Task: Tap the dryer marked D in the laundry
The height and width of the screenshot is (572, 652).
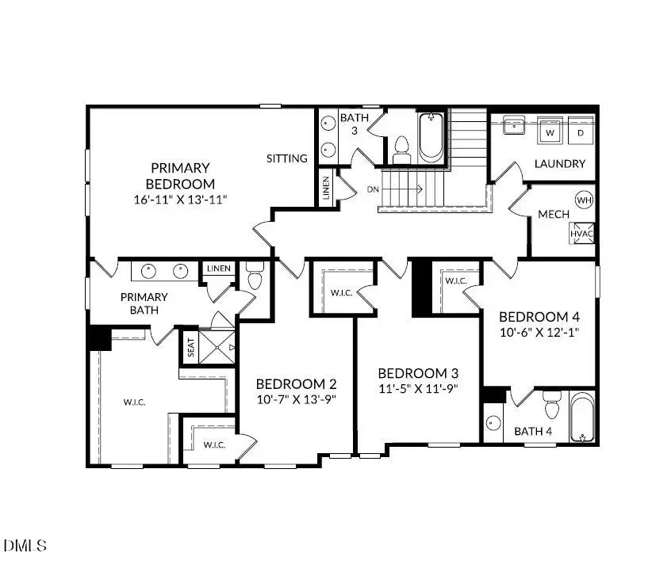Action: [581, 131]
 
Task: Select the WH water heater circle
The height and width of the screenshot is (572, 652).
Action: [584, 200]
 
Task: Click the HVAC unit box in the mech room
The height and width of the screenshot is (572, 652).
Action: [581, 235]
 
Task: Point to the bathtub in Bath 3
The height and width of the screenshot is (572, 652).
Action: [432, 139]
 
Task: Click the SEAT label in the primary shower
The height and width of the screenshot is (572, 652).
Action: [190, 348]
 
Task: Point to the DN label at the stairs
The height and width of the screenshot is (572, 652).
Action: [374, 189]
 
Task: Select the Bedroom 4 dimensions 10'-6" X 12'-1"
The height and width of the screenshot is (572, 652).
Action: [539, 333]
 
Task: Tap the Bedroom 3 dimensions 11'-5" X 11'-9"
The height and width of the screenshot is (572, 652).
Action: [417, 389]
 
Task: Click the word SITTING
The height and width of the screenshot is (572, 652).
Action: [287, 158]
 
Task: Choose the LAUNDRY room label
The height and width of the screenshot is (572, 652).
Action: [560, 164]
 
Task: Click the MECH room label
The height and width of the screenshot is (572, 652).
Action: [553, 215]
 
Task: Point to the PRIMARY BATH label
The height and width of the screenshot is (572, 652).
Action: [144, 303]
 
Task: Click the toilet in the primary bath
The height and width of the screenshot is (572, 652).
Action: [255, 277]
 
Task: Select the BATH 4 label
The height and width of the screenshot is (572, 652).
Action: [533, 432]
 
